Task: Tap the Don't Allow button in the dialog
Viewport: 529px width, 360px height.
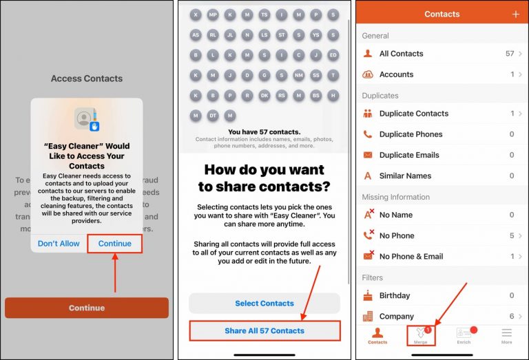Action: tap(59, 244)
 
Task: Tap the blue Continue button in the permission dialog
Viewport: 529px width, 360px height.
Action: tap(114, 244)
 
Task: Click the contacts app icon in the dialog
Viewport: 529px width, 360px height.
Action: tap(87, 120)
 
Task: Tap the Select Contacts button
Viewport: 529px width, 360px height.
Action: tap(264, 303)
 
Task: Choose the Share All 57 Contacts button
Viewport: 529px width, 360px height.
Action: tap(264, 330)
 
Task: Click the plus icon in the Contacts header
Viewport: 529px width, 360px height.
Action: tap(516, 14)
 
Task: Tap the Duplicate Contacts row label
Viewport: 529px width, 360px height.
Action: tap(413, 114)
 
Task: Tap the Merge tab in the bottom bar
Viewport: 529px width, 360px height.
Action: tap(420, 335)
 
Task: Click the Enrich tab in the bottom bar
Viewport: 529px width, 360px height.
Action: tap(464, 335)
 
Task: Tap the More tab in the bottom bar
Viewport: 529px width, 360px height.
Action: tap(506, 335)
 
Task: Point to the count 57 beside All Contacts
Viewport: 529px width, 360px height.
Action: tap(510, 54)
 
